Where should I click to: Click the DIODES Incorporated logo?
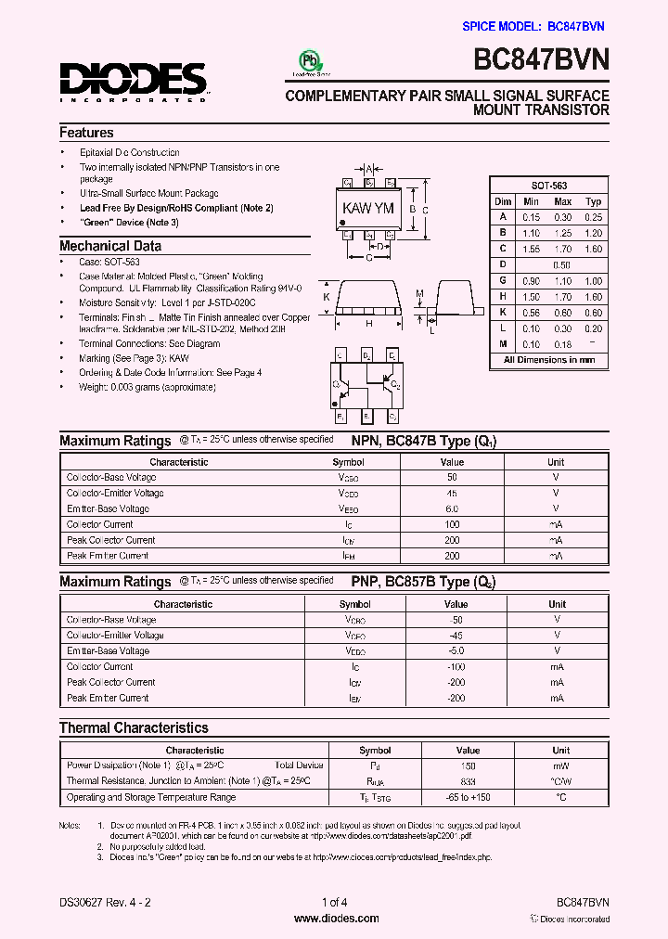(x=135, y=80)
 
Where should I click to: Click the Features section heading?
(x=86, y=133)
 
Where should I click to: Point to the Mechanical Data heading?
(x=110, y=246)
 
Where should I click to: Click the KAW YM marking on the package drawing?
(x=369, y=208)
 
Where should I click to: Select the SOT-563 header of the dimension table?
(x=549, y=186)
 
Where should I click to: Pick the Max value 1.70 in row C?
(x=562, y=249)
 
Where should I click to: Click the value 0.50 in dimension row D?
(x=562, y=264)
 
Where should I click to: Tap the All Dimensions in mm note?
(x=549, y=360)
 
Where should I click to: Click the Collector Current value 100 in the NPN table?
(x=452, y=524)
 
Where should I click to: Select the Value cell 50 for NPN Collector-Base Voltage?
(x=452, y=477)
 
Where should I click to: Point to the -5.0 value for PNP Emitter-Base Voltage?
(x=456, y=650)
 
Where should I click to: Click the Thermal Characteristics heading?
(x=134, y=728)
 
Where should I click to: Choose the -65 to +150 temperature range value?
(x=468, y=797)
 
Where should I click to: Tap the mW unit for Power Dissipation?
(x=560, y=765)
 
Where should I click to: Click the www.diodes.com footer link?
(x=336, y=919)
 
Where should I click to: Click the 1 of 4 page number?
(x=334, y=902)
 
